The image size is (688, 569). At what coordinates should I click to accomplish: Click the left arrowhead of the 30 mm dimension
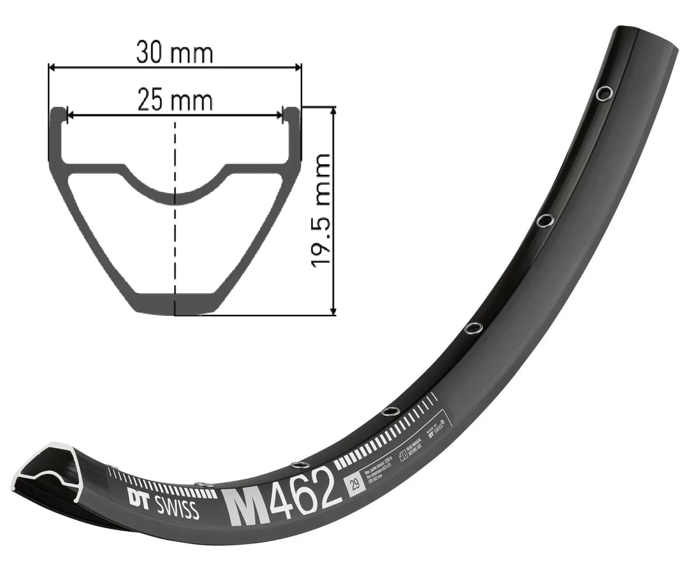(51, 67)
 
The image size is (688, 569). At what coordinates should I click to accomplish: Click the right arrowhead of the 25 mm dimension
(280, 115)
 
